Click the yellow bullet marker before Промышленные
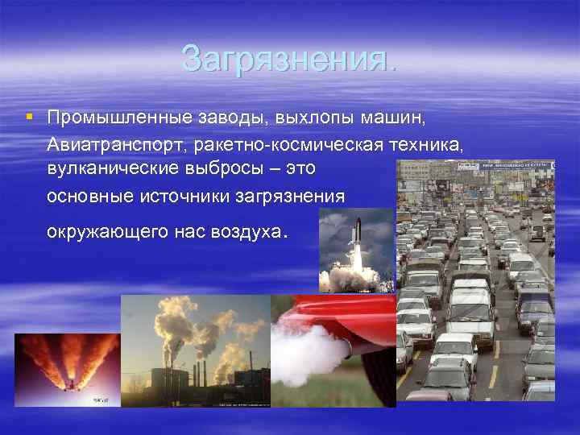pos(29,117)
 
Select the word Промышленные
pos(120,118)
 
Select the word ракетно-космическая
pos(284,145)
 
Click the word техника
pos(426,145)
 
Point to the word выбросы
pos(228,169)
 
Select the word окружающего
pos(107,232)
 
